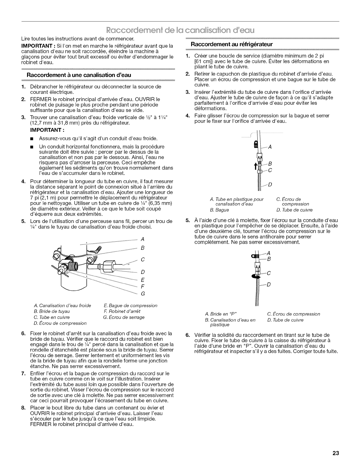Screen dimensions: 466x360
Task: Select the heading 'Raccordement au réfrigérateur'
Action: tap(232, 44)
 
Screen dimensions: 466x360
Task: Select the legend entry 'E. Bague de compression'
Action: tap(131, 306)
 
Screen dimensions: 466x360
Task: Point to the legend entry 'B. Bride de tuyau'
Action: tap(50, 311)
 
